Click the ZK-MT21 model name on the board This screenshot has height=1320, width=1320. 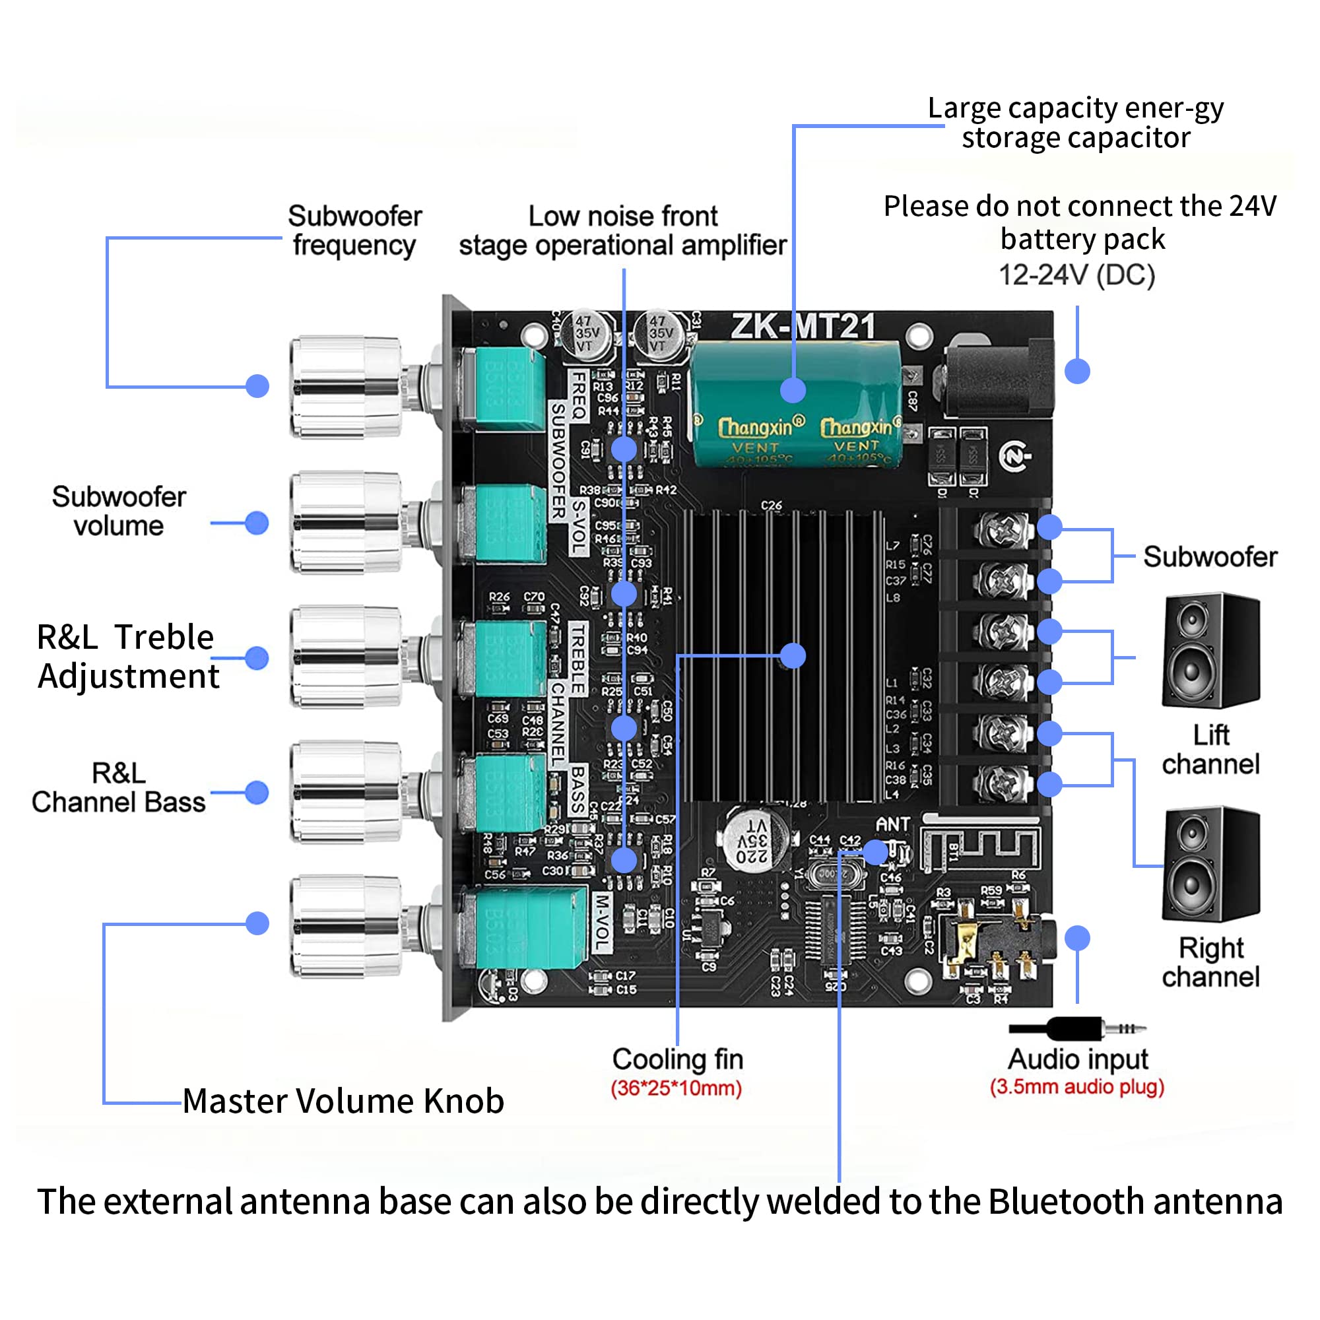[x=803, y=326]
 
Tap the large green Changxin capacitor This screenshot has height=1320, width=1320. [x=796, y=405]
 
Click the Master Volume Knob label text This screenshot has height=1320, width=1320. [x=343, y=1101]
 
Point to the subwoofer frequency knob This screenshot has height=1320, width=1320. [x=345, y=386]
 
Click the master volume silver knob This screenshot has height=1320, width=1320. [x=345, y=926]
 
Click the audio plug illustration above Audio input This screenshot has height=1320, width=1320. [x=1076, y=1028]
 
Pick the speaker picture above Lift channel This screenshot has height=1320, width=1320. [x=1210, y=651]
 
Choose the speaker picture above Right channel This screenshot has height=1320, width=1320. [x=1210, y=865]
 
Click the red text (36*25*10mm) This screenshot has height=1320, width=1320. [x=676, y=1088]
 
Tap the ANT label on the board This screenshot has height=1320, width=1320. [x=892, y=824]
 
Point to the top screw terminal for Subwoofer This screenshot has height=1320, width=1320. [x=1003, y=528]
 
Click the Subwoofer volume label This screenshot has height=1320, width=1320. [x=119, y=511]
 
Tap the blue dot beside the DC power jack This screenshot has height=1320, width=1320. [x=1078, y=371]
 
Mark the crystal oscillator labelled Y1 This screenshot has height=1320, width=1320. [x=829, y=874]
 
